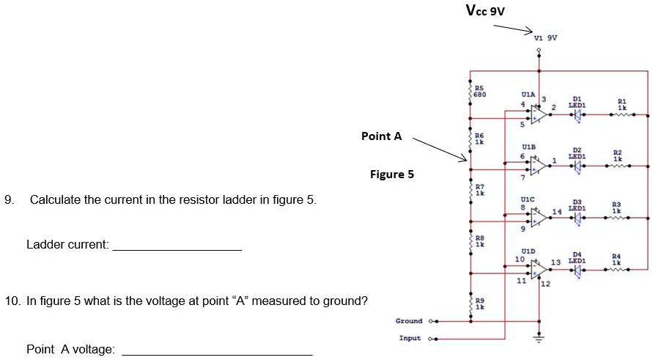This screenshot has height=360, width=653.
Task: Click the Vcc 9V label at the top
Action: click(x=485, y=10)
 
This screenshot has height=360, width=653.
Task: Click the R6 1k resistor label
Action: click(x=479, y=139)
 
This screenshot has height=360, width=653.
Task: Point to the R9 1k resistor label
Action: click(x=479, y=304)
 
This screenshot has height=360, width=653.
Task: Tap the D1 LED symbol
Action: click(x=578, y=114)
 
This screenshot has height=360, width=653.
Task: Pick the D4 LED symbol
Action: click(x=578, y=270)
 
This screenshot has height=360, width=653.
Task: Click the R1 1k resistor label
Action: click(x=621, y=103)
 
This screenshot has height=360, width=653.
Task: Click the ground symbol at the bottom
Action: click(x=539, y=339)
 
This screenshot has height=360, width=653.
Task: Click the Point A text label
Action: click(x=381, y=136)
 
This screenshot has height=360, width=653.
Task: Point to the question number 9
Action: click(x=9, y=199)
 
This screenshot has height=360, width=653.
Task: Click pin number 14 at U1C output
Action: click(x=556, y=211)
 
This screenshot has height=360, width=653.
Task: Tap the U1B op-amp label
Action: click(x=528, y=147)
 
